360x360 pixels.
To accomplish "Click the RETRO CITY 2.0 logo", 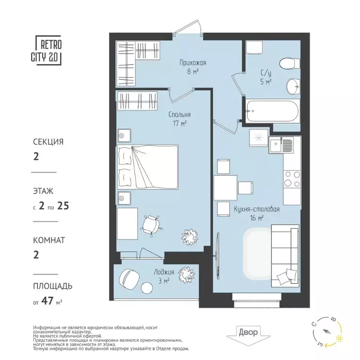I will point(47,51).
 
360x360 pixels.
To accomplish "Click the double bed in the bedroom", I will point(148,166).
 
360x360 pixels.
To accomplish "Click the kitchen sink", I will point(283,145).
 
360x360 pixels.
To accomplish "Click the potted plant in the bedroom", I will point(191,233).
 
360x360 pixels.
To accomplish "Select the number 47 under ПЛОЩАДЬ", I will point(48,301).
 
